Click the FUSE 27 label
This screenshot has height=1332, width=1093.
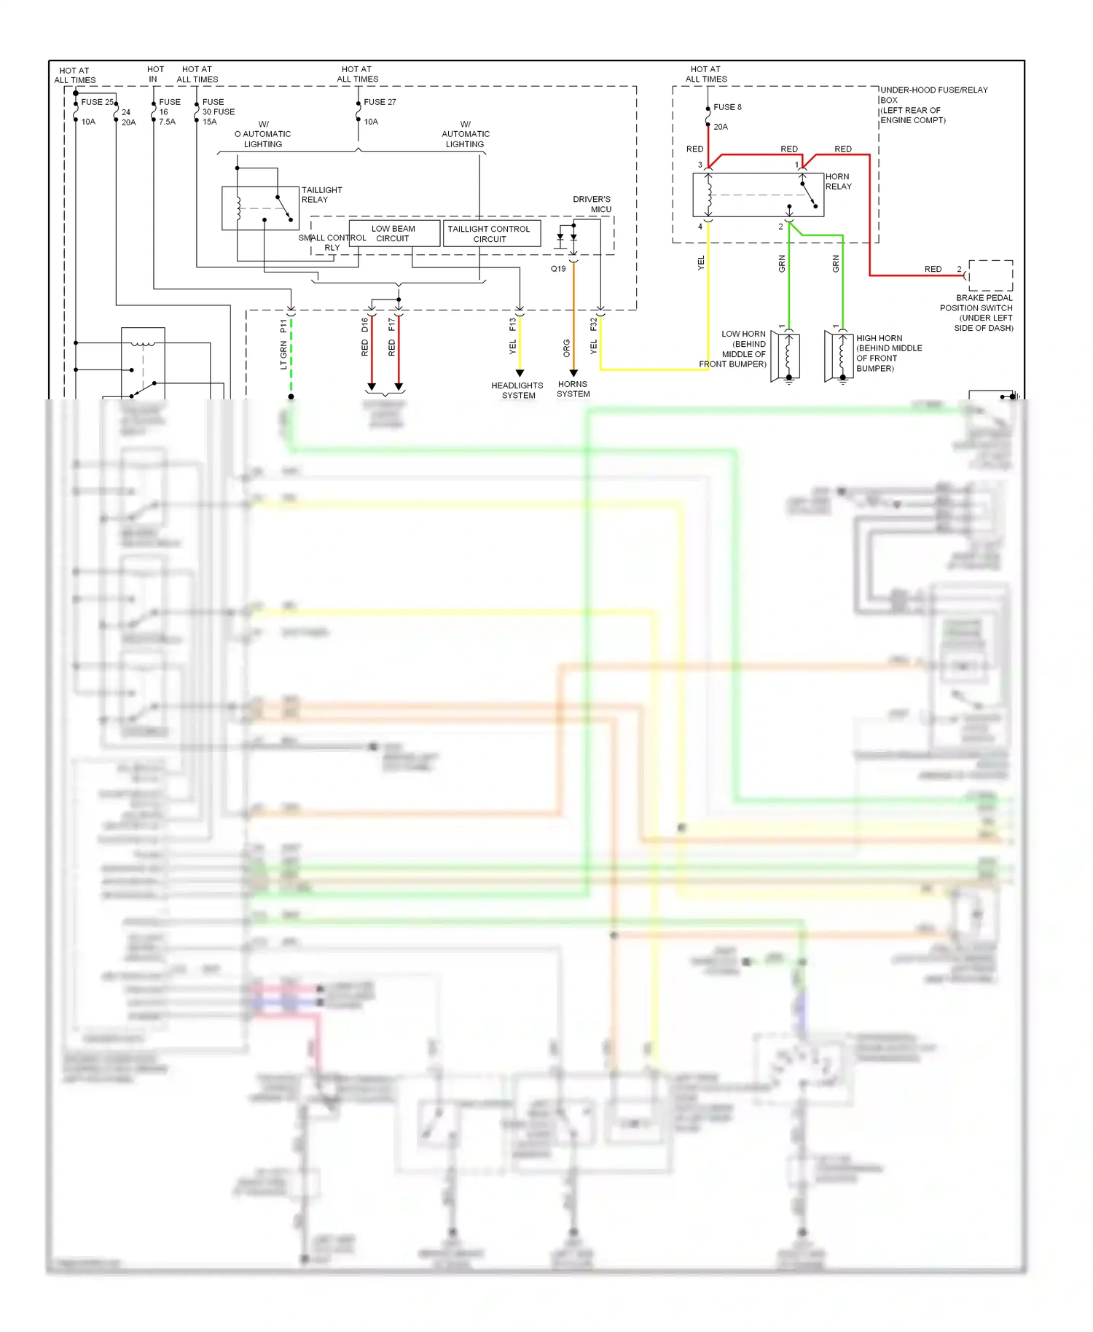pyautogui.click(x=380, y=102)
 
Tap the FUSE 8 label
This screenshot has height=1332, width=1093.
pyautogui.click(x=727, y=107)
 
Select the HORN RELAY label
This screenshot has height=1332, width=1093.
pyautogui.click(x=838, y=181)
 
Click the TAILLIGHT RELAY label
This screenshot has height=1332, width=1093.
pyautogui.click(x=321, y=195)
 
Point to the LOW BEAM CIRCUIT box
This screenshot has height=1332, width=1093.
pyautogui.click(x=394, y=233)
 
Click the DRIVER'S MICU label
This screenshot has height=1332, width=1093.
pyautogui.click(x=592, y=204)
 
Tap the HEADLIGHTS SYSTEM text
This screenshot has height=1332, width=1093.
pyautogui.click(x=517, y=391)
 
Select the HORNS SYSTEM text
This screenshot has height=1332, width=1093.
pyautogui.click(x=573, y=389)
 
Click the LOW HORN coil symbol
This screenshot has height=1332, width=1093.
pyautogui.click(x=787, y=356)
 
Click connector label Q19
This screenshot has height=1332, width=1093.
pyautogui.click(x=558, y=269)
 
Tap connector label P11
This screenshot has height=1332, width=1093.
pyautogui.click(x=283, y=326)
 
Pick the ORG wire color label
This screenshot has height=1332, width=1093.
pyautogui.click(x=566, y=348)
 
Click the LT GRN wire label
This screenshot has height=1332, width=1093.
pyautogui.click(x=283, y=356)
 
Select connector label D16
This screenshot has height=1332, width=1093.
pyautogui.click(x=365, y=325)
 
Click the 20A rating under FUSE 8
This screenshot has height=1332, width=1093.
pyautogui.click(x=720, y=127)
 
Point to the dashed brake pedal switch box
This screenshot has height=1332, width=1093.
pyautogui.click(x=990, y=275)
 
